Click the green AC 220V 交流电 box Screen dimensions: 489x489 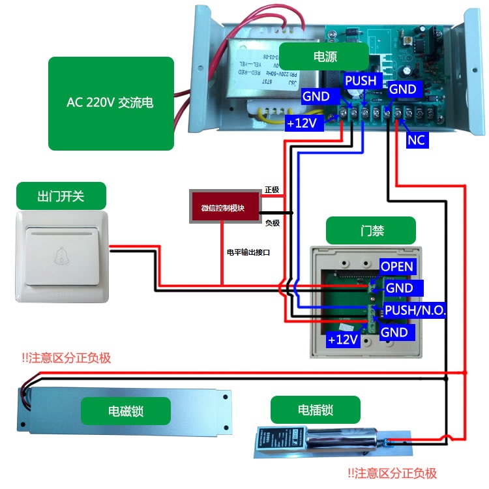pos(111,103)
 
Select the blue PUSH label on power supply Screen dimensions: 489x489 pos(361,80)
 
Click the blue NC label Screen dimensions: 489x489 pos(416,140)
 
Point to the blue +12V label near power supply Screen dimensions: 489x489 pos(304,123)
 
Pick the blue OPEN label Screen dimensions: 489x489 pos(396,266)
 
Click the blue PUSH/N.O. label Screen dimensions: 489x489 pos(415,310)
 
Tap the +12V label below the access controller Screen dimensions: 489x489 pos(343,339)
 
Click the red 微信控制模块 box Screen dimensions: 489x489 pos(224,208)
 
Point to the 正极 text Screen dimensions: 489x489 pos(272,190)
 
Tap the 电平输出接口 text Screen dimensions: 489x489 pos(248,251)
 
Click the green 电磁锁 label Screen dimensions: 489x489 pos(125,411)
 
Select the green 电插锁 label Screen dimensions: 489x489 pos(316,409)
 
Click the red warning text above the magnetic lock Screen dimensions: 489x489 pos(66,357)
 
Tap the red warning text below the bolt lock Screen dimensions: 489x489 pos(391,473)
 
